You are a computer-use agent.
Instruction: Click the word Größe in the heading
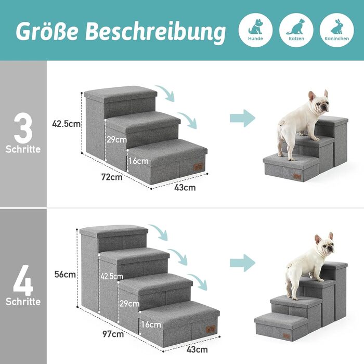point(46,31)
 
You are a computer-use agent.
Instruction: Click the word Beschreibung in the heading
point(155,32)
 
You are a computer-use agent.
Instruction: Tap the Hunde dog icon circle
point(255,30)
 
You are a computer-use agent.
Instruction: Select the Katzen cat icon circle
point(296,30)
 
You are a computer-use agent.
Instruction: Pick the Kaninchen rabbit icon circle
point(336,30)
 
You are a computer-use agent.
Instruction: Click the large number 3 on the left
point(23,128)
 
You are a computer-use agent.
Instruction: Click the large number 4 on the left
point(23,280)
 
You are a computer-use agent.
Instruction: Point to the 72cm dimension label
point(112,177)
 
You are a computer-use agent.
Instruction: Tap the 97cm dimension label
point(113,334)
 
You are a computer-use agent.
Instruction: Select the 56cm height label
point(65,275)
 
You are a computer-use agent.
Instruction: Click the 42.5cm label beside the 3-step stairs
point(66,124)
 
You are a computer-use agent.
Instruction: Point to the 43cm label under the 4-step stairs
point(197,349)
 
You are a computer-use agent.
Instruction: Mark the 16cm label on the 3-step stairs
point(138,161)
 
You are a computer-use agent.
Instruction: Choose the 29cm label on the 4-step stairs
point(129,304)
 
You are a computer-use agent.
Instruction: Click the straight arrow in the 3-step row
point(242,118)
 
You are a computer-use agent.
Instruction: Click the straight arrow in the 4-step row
point(242,263)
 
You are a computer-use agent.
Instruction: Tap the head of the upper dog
point(319,102)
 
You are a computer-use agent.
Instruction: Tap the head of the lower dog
point(325,244)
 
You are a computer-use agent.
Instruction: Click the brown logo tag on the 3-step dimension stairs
point(198,167)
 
